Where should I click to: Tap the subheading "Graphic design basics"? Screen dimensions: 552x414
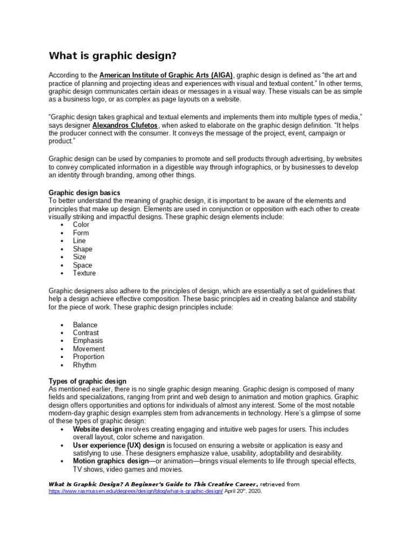click(85, 192)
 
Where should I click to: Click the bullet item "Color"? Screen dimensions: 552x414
click(81, 225)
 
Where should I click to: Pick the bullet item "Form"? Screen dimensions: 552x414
click(81, 233)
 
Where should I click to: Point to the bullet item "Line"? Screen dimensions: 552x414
click(79, 241)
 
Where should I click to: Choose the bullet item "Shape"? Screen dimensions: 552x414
click(82, 249)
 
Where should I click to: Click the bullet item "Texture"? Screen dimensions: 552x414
click(84, 273)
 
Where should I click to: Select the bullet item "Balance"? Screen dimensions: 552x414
click(85, 325)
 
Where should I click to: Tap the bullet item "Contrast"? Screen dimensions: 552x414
click(86, 333)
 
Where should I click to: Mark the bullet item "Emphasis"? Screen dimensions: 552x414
click(88, 341)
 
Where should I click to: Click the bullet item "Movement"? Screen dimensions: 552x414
click(88, 349)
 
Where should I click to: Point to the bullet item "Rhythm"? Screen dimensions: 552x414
click(85, 365)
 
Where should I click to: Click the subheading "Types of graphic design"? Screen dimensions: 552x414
click(88, 381)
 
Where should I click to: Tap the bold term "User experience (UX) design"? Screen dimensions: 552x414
click(119, 445)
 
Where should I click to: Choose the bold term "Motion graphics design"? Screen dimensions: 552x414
click(111, 461)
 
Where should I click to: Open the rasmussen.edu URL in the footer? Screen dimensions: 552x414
click(135, 492)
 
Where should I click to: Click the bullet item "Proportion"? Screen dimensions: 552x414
click(88, 357)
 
